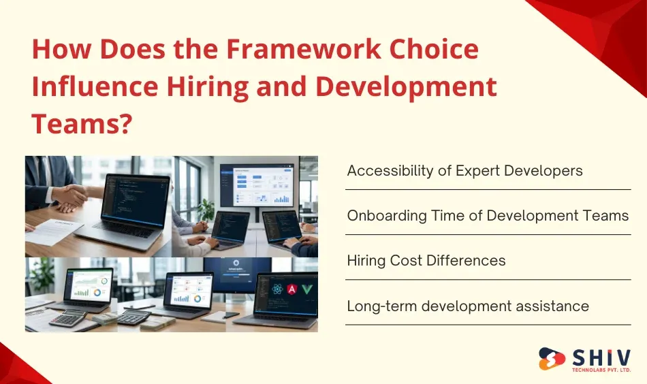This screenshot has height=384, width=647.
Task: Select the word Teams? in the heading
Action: [x=81, y=124]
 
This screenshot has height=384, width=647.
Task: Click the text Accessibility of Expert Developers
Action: [x=464, y=170]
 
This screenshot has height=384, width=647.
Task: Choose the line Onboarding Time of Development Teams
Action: [x=488, y=215]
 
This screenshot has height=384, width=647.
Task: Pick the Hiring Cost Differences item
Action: [x=426, y=260]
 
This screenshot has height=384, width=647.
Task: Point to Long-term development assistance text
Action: [x=468, y=306]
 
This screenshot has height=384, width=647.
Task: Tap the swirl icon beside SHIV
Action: [x=553, y=359]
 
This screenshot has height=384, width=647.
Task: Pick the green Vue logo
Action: [x=308, y=289]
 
